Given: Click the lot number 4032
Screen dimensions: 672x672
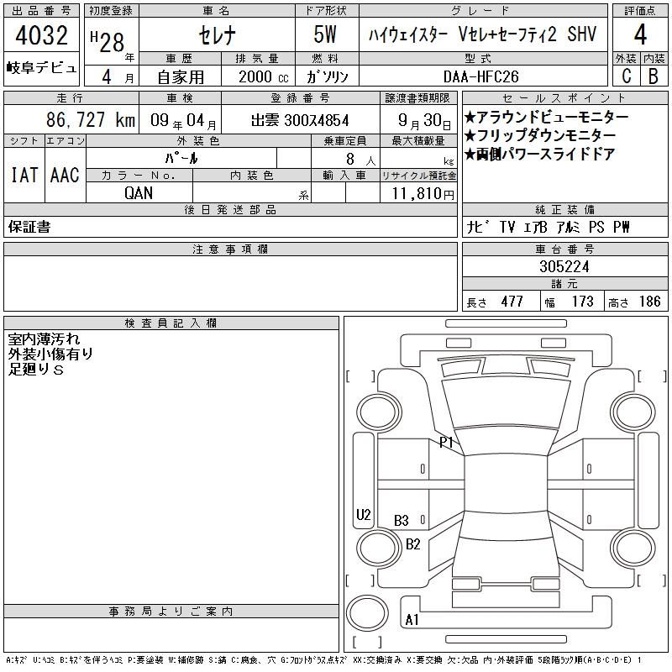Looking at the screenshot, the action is point(41,35).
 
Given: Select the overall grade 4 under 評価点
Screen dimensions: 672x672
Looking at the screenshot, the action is point(640,34).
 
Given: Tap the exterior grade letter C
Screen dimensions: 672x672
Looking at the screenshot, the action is point(626,76).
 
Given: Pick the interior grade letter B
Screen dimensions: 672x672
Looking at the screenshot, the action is point(654,76).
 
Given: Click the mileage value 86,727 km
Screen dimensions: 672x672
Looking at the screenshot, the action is point(91,119).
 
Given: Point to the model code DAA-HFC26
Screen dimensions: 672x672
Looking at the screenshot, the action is point(480,76).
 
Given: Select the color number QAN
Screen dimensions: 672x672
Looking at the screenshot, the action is point(139,193).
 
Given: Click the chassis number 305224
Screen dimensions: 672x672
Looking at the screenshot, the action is point(564,266).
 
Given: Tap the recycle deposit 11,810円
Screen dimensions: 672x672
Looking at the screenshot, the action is point(423,194).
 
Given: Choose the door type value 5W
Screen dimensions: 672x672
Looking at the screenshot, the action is point(325,34).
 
